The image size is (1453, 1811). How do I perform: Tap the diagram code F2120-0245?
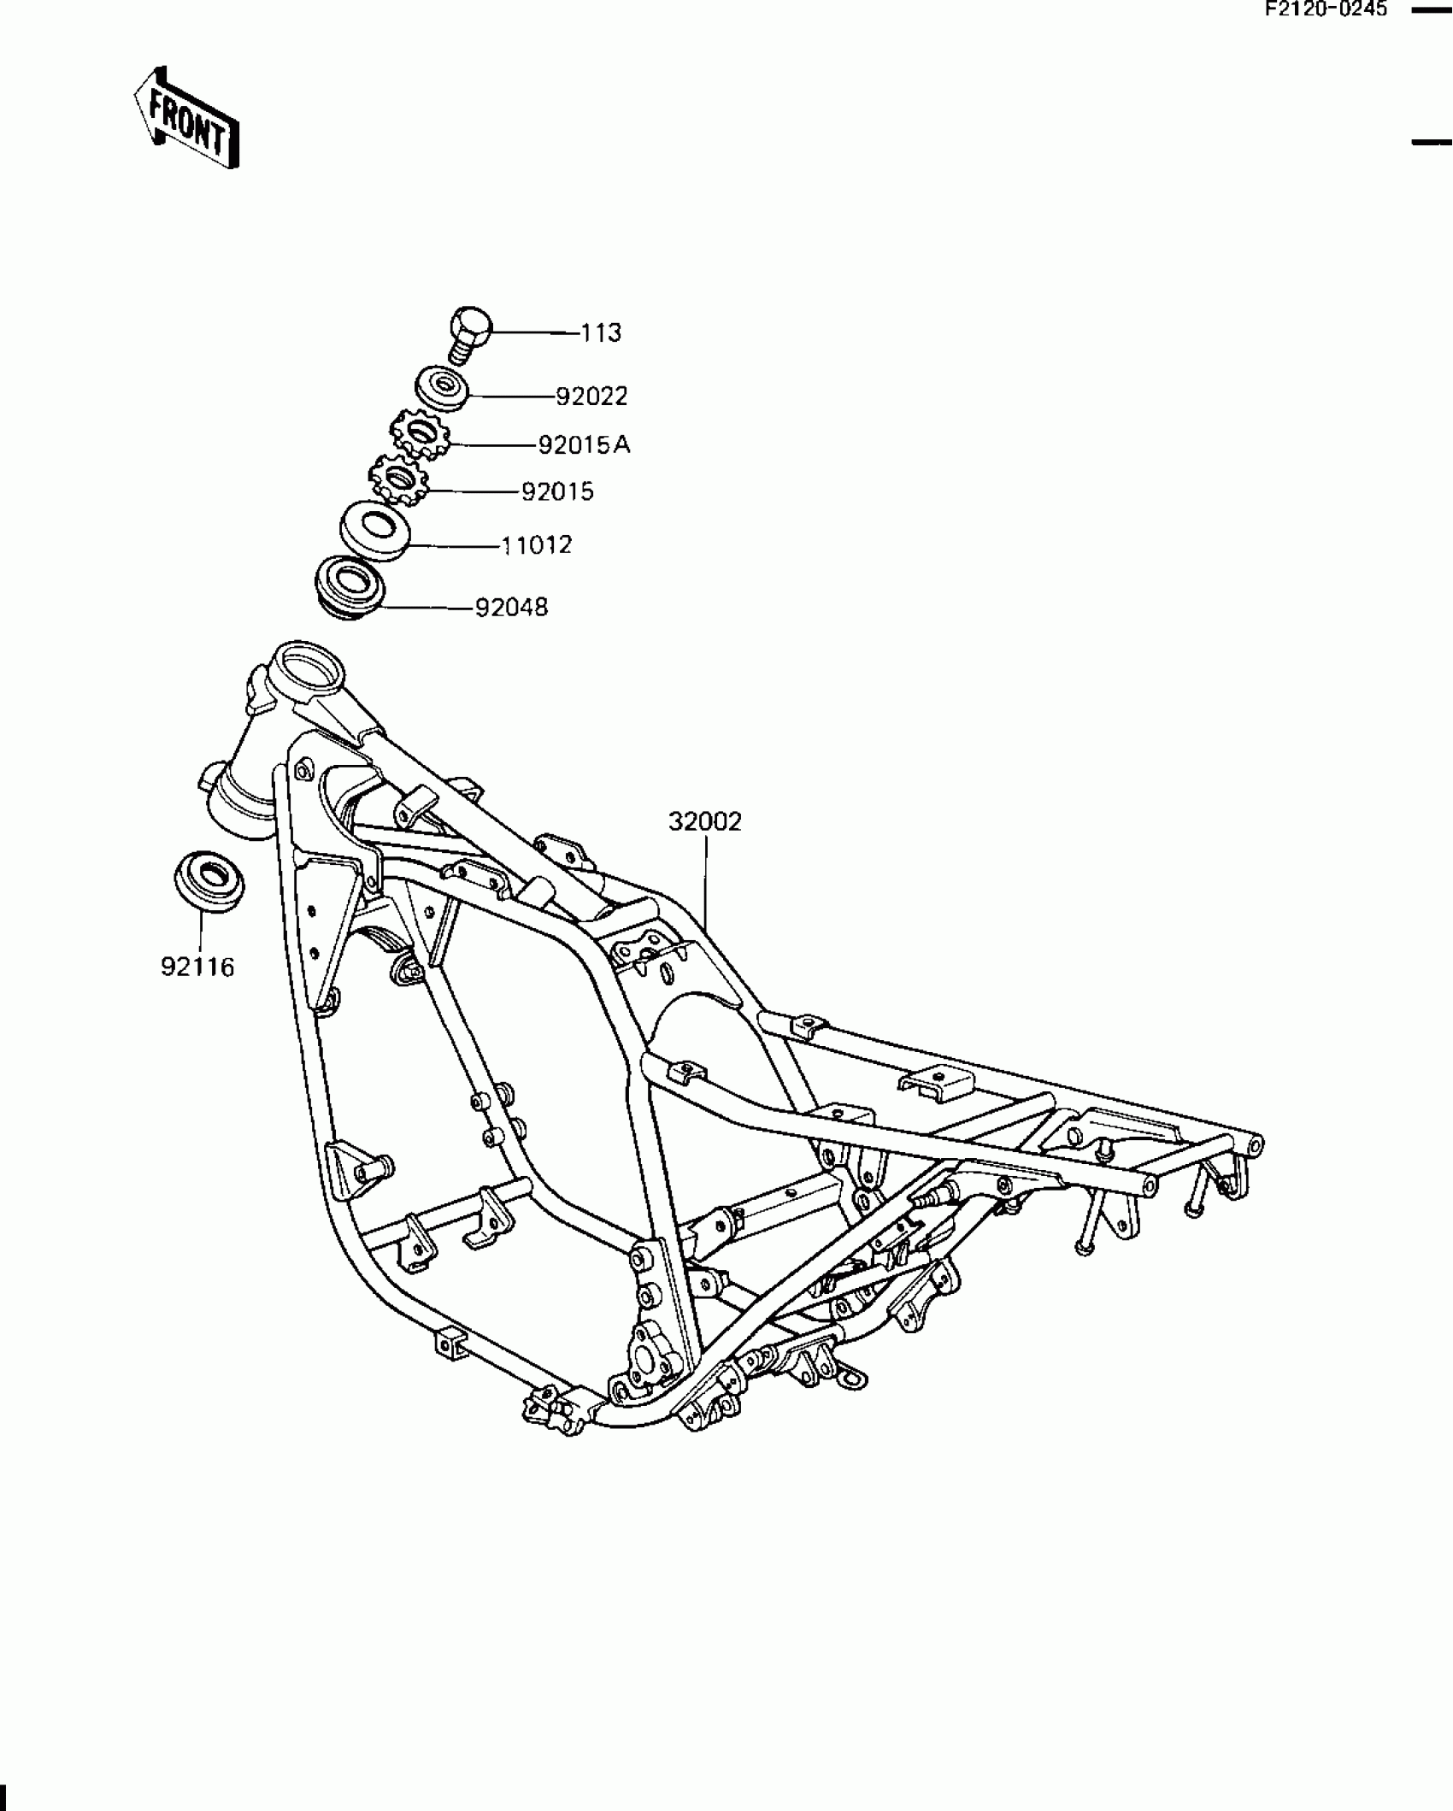pyautogui.click(x=1326, y=10)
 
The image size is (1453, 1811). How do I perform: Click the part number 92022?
pyautogui.click(x=591, y=397)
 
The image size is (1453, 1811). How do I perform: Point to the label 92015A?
pyautogui.click(x=584, y=445)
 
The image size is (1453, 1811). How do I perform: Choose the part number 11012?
pyautogui.click(x=536, y=545)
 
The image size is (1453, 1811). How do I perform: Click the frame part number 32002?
pyautogui.click(x=704, y=822)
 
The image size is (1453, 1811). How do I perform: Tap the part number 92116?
pyautogui.click(x=197, y=967)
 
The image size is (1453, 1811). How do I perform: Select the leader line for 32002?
pyautogui.click(x=706, y=880)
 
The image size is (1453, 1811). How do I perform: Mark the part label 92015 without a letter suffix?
pyautogui.click(x=557, y=492)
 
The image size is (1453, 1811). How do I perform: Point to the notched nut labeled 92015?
pyautogui.click(x=397, y=480)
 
